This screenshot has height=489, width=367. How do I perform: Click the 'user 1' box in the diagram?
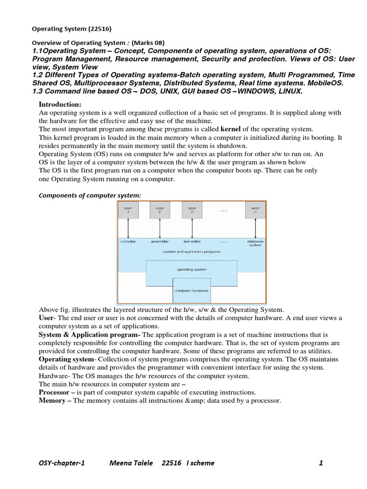(128, 210)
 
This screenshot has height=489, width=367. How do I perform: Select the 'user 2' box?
(160, 210)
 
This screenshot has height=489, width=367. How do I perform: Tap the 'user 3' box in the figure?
(192, 210)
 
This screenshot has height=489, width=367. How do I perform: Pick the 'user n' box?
(255, 210)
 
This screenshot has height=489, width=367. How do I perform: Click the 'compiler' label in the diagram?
(128, 242)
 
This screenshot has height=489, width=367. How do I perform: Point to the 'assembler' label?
(160, 242)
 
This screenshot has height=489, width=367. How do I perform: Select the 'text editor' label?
(192, 242)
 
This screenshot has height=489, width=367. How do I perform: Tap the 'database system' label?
(255, 244)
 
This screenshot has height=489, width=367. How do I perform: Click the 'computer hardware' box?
(192, 290)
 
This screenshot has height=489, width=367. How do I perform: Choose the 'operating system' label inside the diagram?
(192, 269)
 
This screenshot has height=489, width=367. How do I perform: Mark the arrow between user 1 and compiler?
(128, 228)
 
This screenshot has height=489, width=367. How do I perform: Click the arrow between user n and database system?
(255, 228)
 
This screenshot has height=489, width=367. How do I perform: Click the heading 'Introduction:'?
(60, 105)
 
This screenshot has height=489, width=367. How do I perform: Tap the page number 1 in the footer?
(321, 463)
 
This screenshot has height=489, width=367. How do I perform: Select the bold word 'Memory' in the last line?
(52, 400)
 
